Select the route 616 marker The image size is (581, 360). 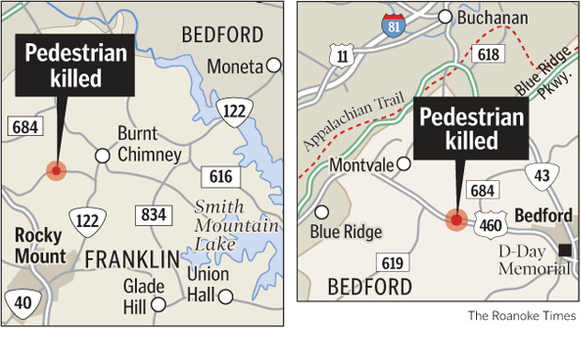click(x=216, y=176)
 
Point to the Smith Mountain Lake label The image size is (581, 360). click(x=237, y=226)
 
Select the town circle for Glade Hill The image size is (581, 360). click(x=159, y=304)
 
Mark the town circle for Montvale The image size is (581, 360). click(x=405, y=163)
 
